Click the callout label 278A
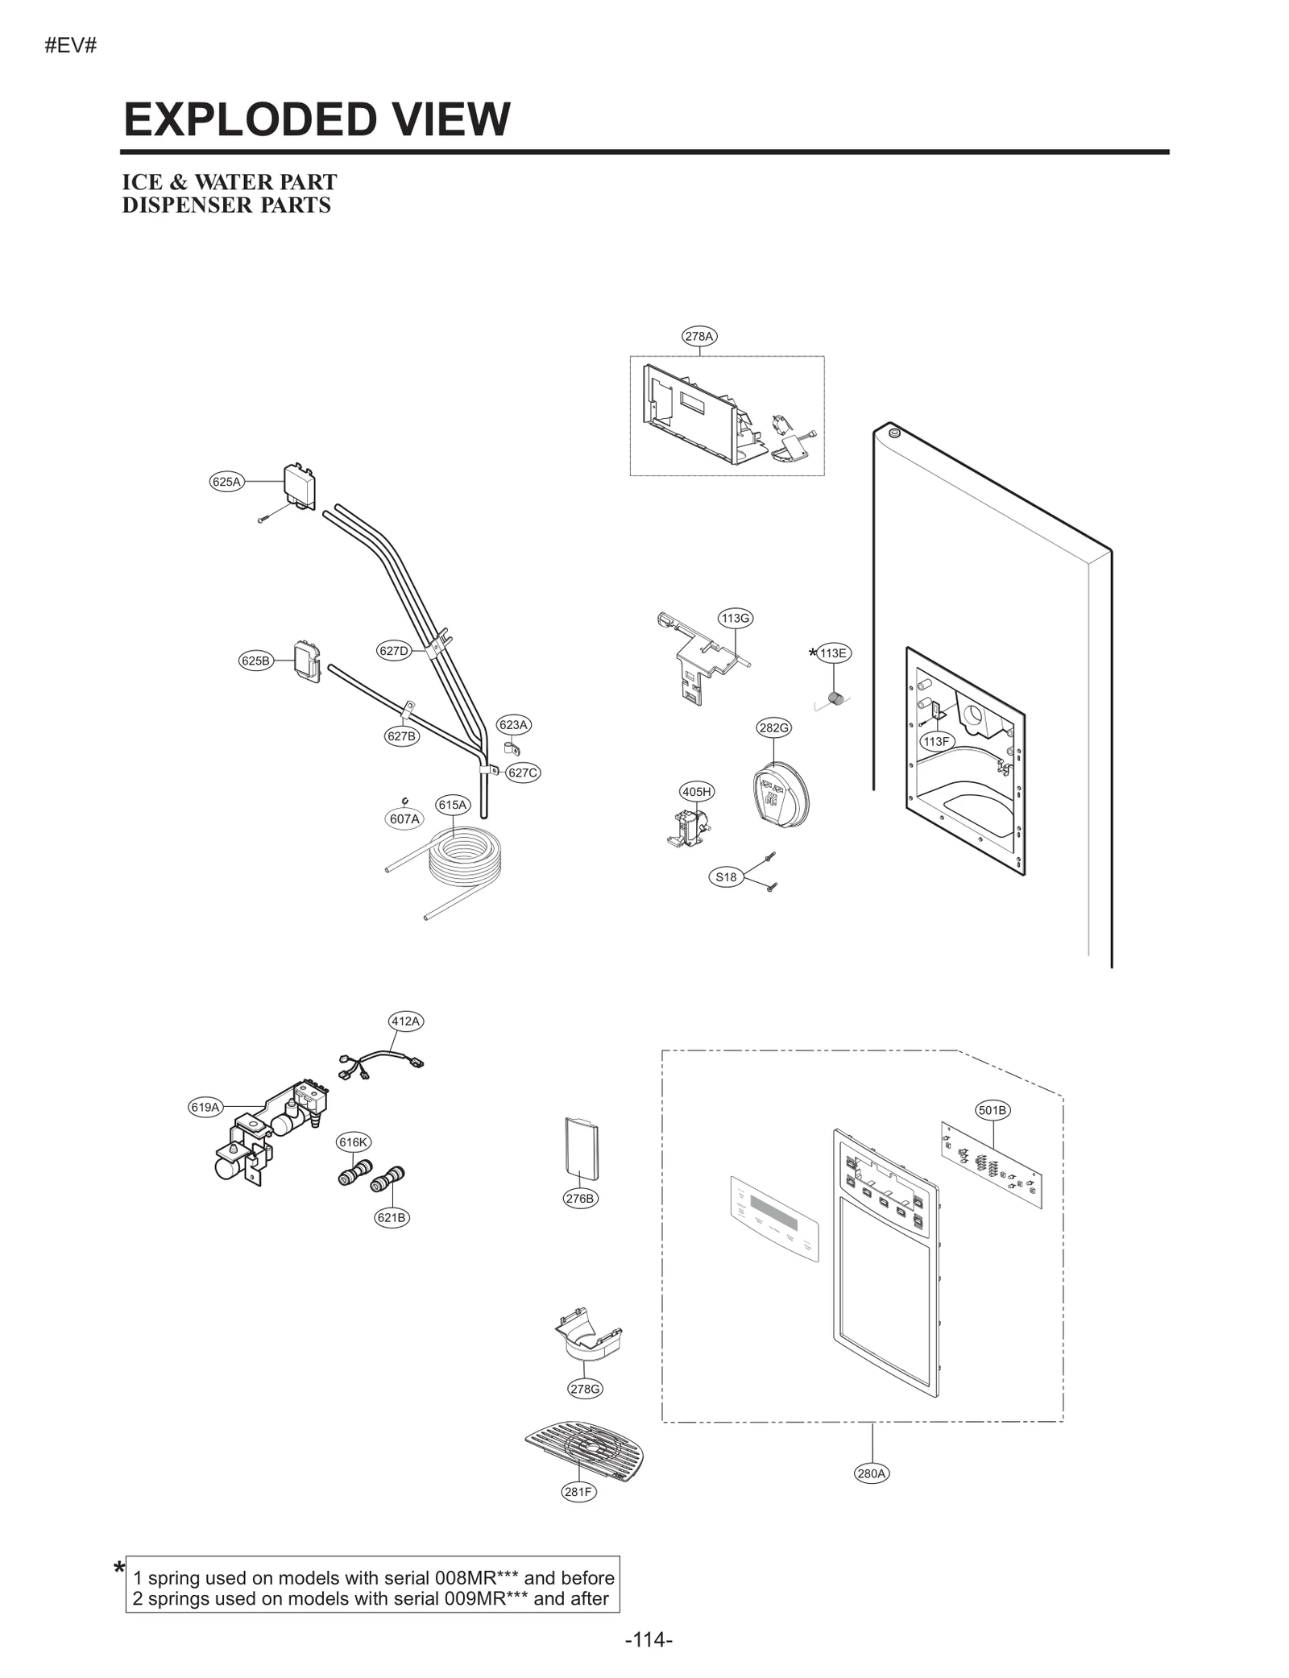point(698,336)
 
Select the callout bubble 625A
point(226,482)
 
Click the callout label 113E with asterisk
point(832,653)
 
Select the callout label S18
point(726,877)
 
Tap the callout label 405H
point(696,792)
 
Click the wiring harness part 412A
point(381,1063)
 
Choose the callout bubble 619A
point(205,1107)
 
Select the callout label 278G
point(585,1389)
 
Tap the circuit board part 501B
point(991,1166)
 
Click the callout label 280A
point(871,1473)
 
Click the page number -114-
point(648,1639)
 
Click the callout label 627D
point(393,651)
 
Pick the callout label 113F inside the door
point(937,741)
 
